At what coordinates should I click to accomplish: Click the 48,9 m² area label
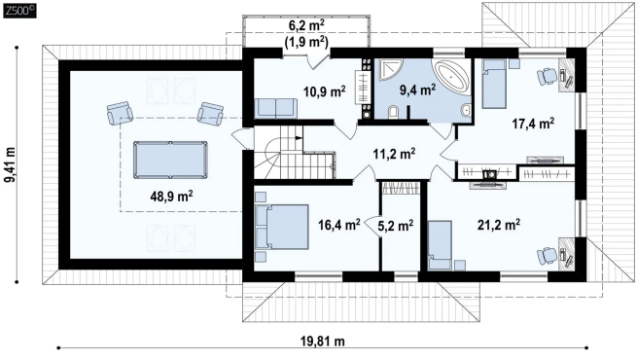pyautogui.click(x=171, y=197)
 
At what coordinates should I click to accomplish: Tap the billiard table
pyautogui.click(x=170, y=160)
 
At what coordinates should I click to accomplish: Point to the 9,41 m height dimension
pyautogui.click(x=10, y=164)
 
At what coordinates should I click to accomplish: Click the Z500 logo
pyautogui.click(x=19, y=11)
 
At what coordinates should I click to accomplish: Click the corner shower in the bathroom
pyautogui.click(x=389, y=70)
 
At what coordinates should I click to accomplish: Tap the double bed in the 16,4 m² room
pyautogui.click(x=281, y=227)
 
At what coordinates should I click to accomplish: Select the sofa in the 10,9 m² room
pyautogui.click(x=276, y=108)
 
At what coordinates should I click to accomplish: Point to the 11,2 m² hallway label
pyautogui.click(x=394, y=154)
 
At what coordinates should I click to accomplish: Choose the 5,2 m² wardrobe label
pyautogui.click(x=395, y=225)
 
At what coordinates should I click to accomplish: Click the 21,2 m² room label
pyautogui.click(x=499, y=225)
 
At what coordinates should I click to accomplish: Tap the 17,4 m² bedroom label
pyautogui.click(x=533, y=124)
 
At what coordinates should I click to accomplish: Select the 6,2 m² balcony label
pyautogui.click(x=306, y=25)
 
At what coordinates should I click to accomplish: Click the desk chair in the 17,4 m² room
pyautogui.click(x=547, y=76)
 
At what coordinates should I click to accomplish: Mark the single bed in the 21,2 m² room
pyautogui.click(x=440, y=245)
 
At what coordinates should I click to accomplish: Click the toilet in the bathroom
pyautogui.click(x=393, y=112)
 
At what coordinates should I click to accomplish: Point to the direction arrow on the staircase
pyautogui.click(x=299, y=138)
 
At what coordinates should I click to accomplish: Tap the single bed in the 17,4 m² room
pyautogui.click(x=494, y=84)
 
